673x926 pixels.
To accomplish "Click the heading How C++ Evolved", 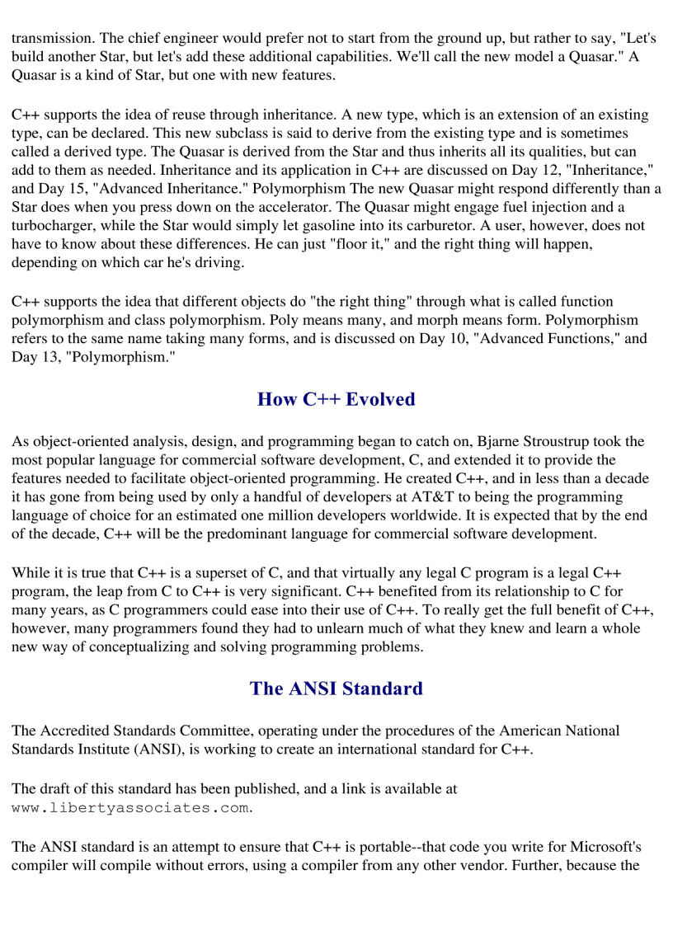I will click(336, 400).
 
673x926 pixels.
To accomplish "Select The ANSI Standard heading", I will click(336, 689).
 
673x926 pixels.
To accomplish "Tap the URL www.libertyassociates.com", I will click(130, 808).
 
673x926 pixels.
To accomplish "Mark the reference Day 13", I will click(30, 357).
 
